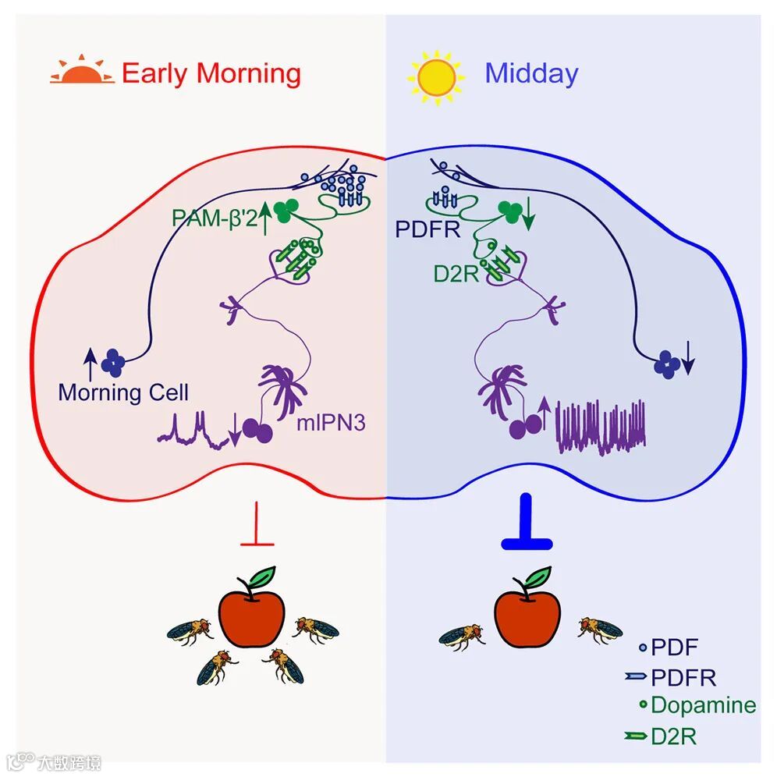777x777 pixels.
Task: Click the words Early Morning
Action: (211, 73)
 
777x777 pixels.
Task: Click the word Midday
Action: (531, 73)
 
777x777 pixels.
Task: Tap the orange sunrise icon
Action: (81, 73)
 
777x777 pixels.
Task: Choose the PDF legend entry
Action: (667, 647)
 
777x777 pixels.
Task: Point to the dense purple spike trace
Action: (601, 427)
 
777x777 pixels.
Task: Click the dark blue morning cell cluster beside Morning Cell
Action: (115, 360)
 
